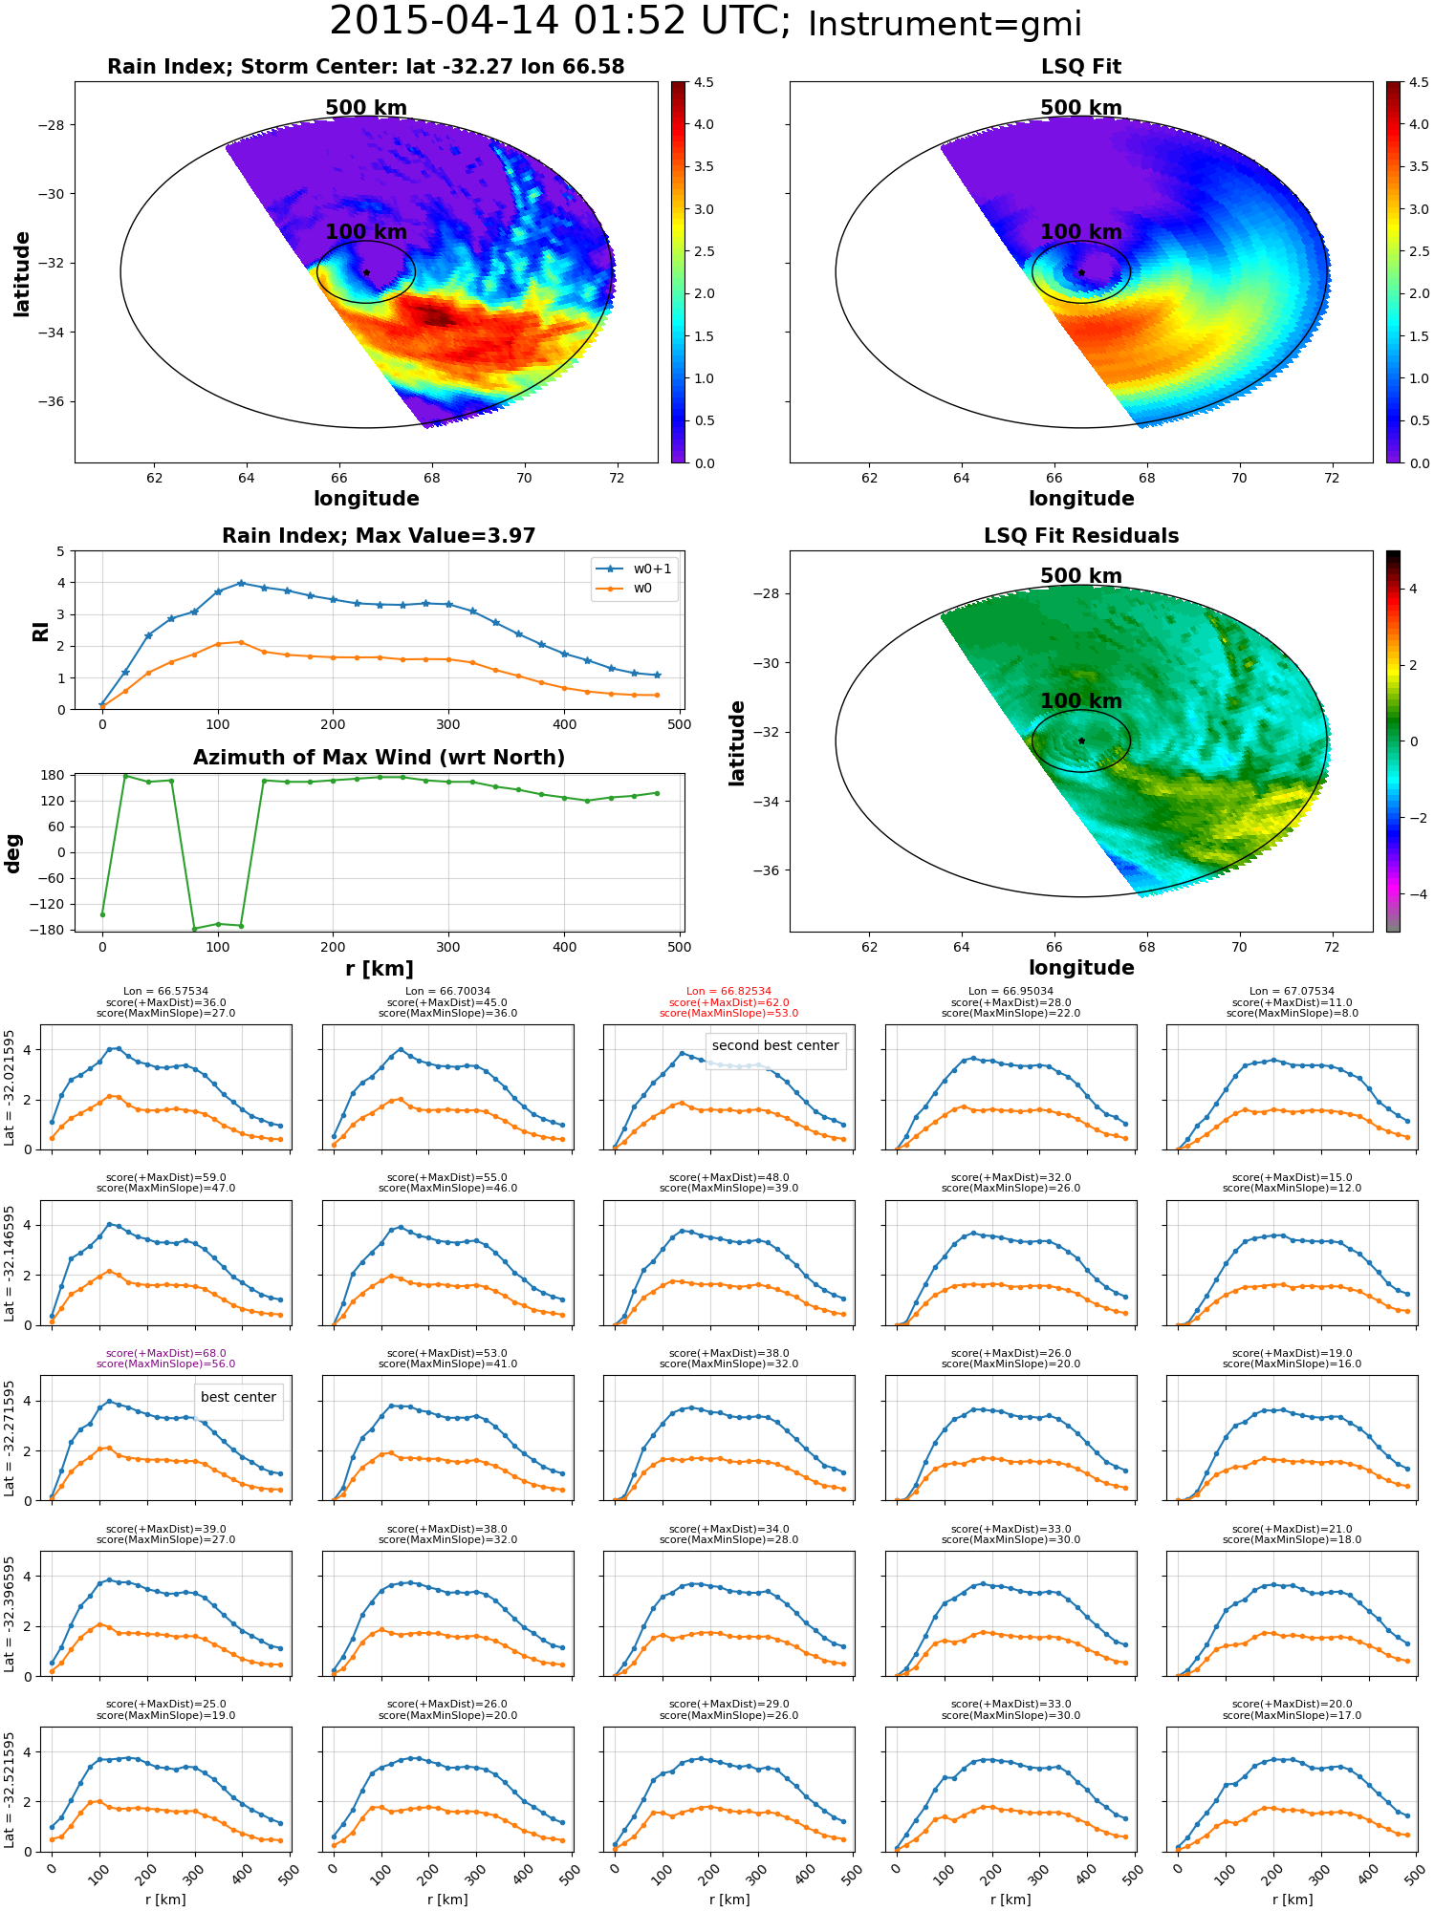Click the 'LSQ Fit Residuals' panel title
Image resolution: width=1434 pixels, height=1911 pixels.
(1081, 536)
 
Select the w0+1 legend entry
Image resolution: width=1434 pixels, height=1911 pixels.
(634, 569)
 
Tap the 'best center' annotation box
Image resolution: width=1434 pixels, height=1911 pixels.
(238, 1397)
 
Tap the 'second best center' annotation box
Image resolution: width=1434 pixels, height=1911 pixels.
(775, 1045)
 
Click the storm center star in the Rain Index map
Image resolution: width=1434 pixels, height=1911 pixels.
(366, 272)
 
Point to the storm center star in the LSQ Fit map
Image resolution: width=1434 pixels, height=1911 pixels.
(1081, 272)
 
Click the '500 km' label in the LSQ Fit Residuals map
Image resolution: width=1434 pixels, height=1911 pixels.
(1081, 576)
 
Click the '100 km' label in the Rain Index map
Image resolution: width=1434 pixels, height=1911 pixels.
(366, 232)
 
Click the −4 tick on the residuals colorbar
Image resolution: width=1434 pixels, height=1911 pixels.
(1411, 894)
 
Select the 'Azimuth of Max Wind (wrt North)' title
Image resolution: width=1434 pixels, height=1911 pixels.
(379, 758)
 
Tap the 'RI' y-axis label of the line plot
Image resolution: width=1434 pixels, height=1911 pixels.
(41, 632)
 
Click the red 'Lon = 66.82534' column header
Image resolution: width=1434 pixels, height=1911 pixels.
(728, 992)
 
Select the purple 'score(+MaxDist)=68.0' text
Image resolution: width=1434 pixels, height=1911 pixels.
(166, 1353)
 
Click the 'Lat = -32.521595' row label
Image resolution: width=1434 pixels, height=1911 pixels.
(10, 1790)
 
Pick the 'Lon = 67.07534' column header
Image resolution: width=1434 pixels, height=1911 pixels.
(1292, 992)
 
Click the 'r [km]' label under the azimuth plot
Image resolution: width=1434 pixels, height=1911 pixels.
(380, 969)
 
